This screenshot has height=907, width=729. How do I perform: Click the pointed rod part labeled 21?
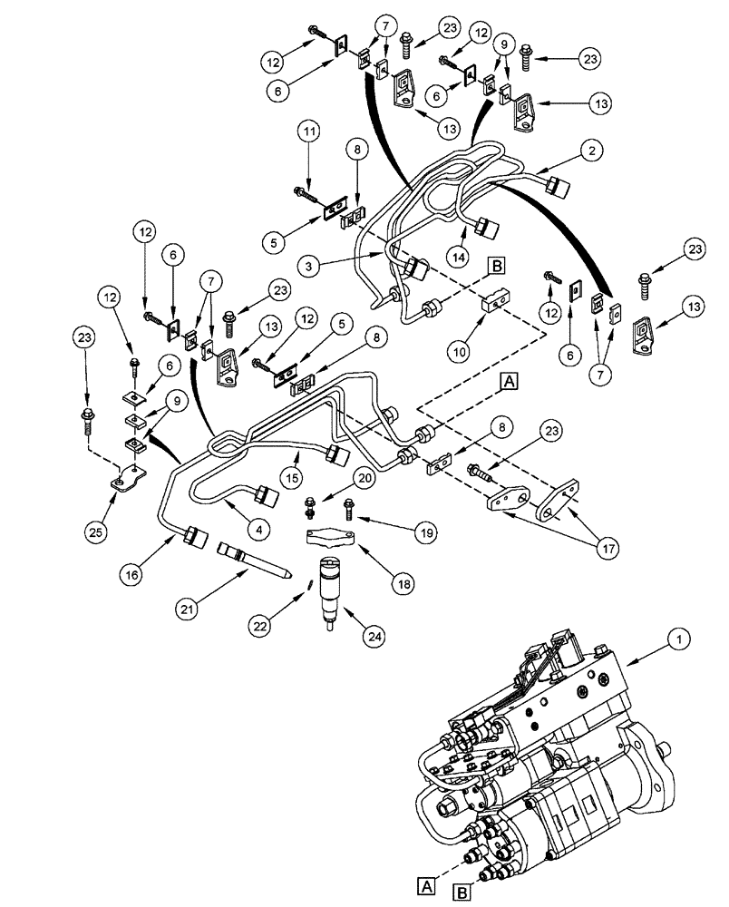tap(254, 559)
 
